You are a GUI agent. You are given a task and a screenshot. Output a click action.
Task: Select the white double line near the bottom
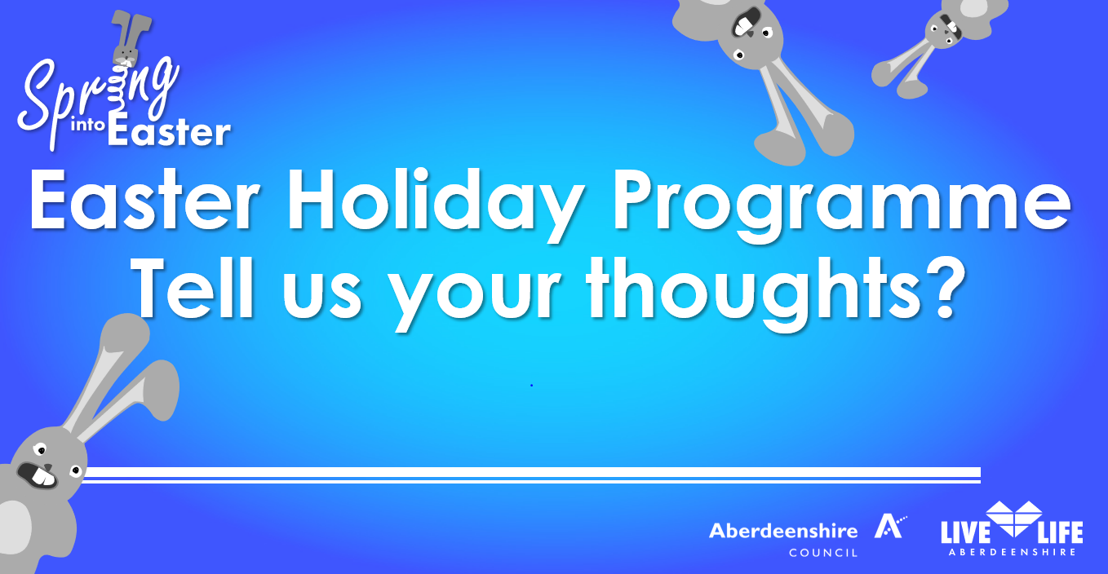click(530, 475)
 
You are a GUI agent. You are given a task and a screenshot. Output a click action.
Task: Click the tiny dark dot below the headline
click(531, 385)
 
